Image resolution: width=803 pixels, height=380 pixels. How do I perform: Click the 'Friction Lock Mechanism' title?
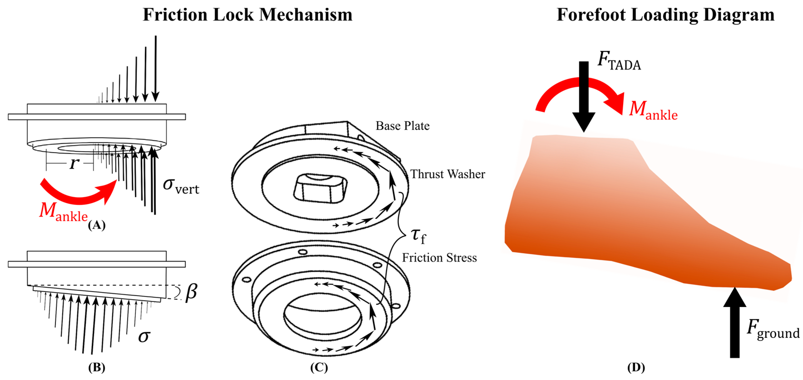pyautogui.click(x=247, y=15)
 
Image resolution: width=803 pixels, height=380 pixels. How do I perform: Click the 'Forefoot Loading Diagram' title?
pyautogui.click(x=665, y=15)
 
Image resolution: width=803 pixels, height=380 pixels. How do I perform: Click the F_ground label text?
pyautogui.click(x=772, y=330)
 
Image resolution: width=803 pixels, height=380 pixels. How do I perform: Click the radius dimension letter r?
pyautogui.click(x=74, y=163)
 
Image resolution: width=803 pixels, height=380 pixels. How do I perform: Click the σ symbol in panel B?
pyautogui.click(x=144, y=336)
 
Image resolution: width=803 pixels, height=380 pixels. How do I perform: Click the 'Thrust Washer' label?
pyautogui.click(x=447, y=174)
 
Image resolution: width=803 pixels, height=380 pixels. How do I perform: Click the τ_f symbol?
pyautogui.click(x=418, y=236)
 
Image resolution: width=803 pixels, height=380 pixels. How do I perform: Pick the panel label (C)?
pyautogui.click(x=319, y=368)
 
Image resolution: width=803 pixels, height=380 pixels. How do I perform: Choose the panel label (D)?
pyautogui.click(x=636, y=368)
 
